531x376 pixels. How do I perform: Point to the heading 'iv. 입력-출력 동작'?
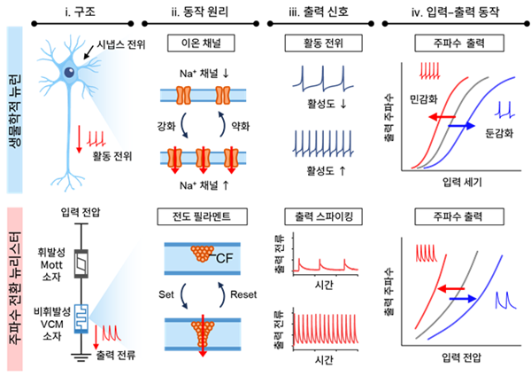click(453, 12)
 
